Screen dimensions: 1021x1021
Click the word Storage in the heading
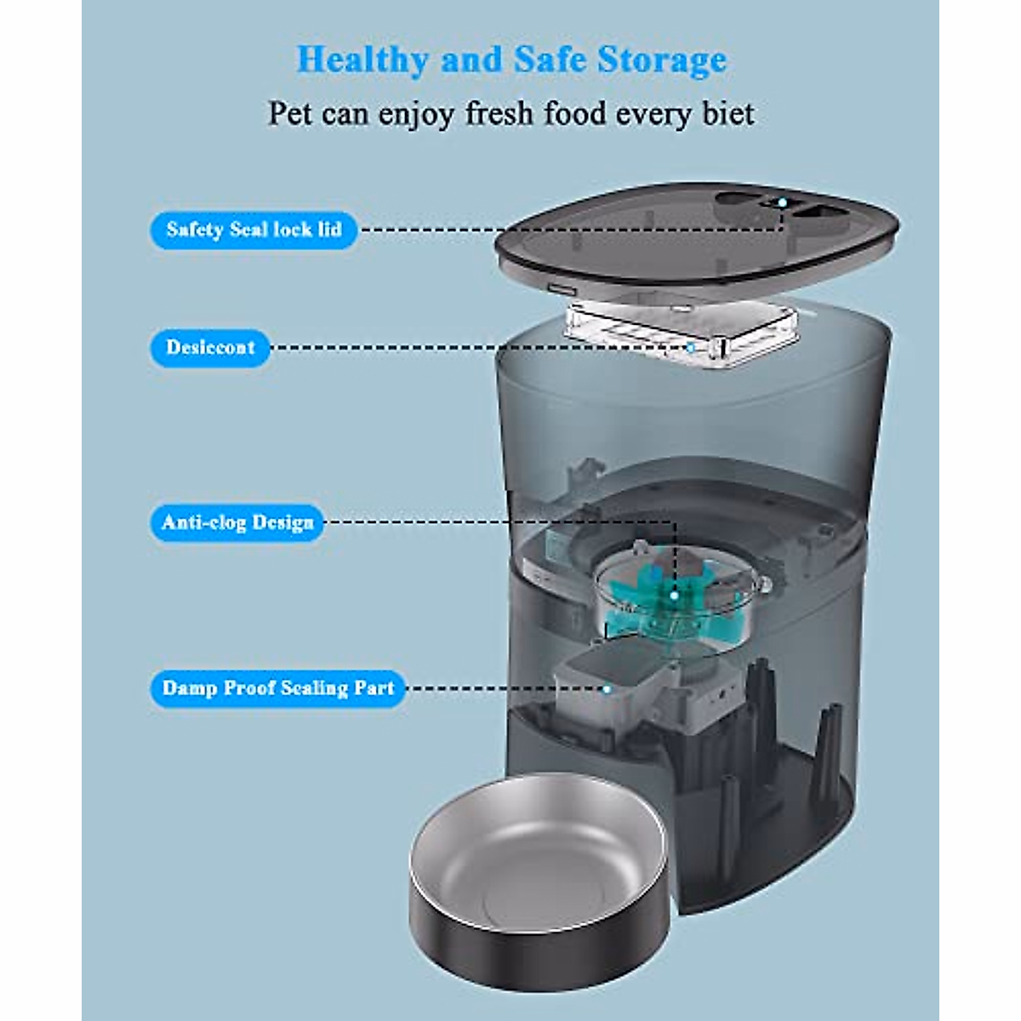pyautogui.click(x=662, y=60)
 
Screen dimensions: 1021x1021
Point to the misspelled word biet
pyautogui.click(x=728, y=113)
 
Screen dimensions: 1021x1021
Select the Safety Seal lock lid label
pyautogui.click(x=254, y=230)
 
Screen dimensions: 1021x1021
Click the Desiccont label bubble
pyautogui.click(x=210, y=347)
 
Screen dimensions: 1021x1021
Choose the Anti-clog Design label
pyautogui.click(x=237, y=522)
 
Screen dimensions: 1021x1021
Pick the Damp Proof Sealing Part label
pyautogui.click(x=277, y=687)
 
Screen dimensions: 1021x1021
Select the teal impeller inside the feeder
pyautogui.click(x=672, y=596)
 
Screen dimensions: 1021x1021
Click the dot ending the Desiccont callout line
pyautogui.click(x=691, y=347)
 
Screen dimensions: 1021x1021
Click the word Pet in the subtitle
pyautogui.click(x=290, y=113)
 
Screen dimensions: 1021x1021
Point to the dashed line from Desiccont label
pyautogui.click(x=476, y=347)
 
